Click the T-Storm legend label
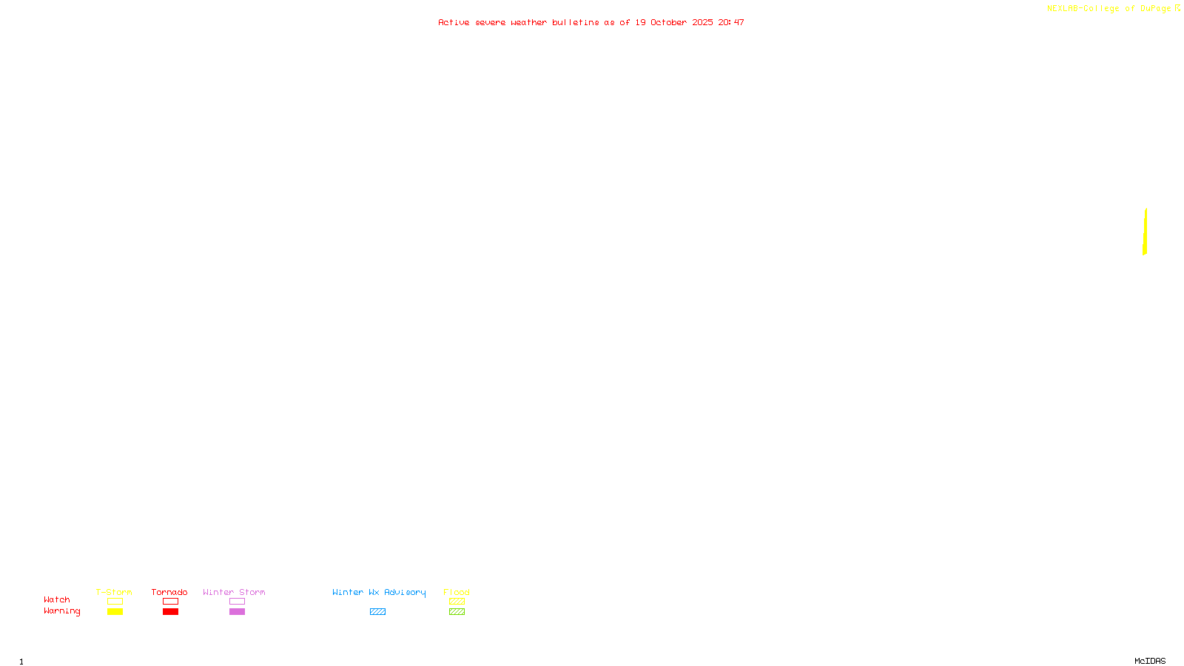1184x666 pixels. click(x=114, y=592)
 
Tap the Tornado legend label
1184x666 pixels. click(x=169, y=592)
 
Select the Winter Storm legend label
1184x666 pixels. click(x=234, y=592)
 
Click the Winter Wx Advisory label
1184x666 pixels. click(x=379, y=592)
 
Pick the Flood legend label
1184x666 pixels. click(x=457, y=592)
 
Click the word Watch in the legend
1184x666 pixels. click(x=57, y=599)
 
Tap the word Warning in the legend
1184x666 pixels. click(x=62, y=611)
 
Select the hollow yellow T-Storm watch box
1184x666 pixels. click(x=115, y=602)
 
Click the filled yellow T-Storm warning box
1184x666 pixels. click(x=115, y=612)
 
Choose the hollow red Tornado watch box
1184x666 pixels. click(x=170, y=602)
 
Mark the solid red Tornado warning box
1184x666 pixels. click(x=170, y=612)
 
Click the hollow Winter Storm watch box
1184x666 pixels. click(x=237, y=602)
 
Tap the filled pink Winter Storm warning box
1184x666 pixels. click(x=237, y=612)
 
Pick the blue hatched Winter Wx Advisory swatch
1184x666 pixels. click(x=377, y=612)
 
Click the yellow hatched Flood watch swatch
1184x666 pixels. click(x=457, y=602)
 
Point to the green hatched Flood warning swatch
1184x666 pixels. click(x=457, y=612)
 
